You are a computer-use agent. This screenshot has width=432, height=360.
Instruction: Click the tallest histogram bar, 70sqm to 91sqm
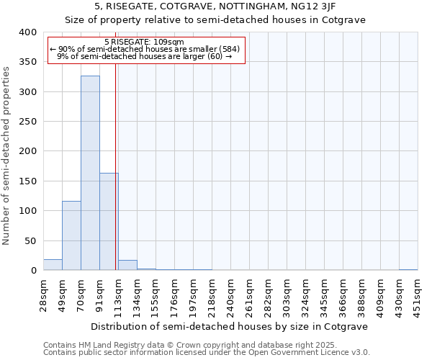[x=90, y=173]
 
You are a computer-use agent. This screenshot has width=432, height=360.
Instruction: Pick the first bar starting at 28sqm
[x=53, y=265]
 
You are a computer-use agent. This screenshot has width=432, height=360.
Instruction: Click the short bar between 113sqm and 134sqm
[x=127, y=265]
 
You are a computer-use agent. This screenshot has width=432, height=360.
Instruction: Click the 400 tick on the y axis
[x=27, y=33]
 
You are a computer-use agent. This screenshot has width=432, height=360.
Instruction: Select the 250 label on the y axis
[x=27, y=122]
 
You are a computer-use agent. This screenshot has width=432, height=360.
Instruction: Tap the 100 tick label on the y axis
[x=27, y=211]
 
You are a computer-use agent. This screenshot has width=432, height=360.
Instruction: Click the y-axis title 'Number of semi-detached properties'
[x=7, y=156]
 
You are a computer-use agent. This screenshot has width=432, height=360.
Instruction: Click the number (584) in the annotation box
[x=230, y=49]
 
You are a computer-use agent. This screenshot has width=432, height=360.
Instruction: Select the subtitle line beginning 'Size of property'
[x=215, y=20]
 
